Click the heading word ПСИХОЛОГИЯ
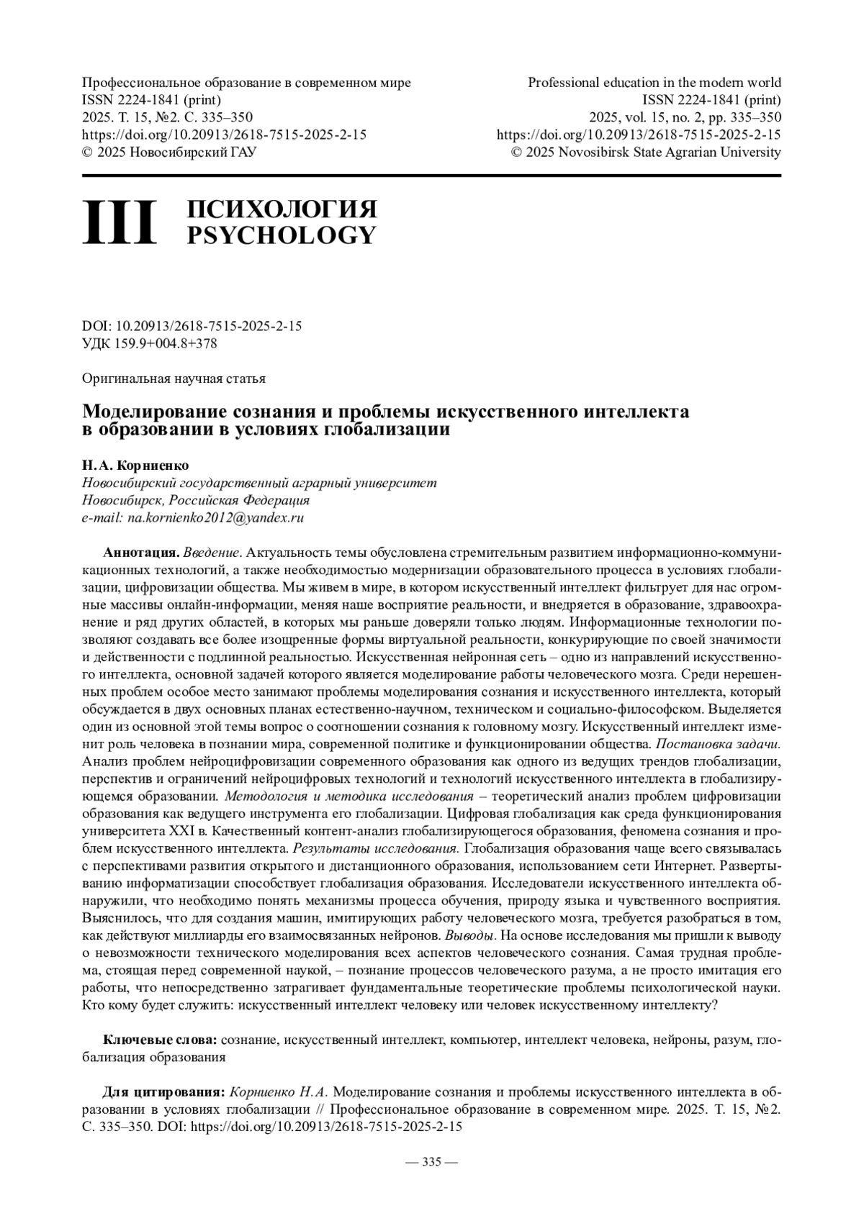click(282, 209)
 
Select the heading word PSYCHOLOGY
click(282, 235)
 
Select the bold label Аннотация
click(141, 553)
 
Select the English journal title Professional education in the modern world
click(654, 83)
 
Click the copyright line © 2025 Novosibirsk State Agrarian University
click(646, 152)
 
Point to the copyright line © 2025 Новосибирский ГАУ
click(170, 152)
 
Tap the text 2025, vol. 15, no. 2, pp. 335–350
click(685, 117)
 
